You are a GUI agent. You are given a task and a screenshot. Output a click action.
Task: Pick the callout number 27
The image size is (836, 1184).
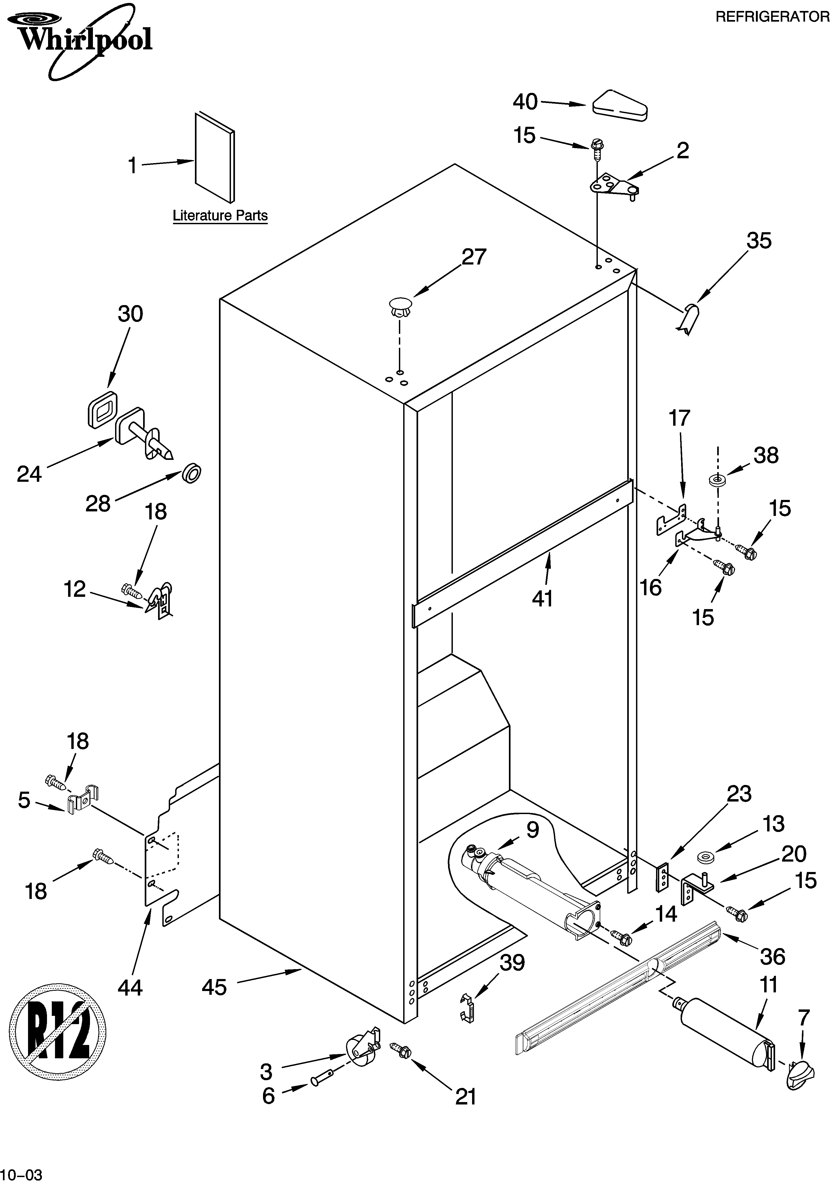coord(473,257)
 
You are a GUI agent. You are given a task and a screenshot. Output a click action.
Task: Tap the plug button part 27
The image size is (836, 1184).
coord(400,307)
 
